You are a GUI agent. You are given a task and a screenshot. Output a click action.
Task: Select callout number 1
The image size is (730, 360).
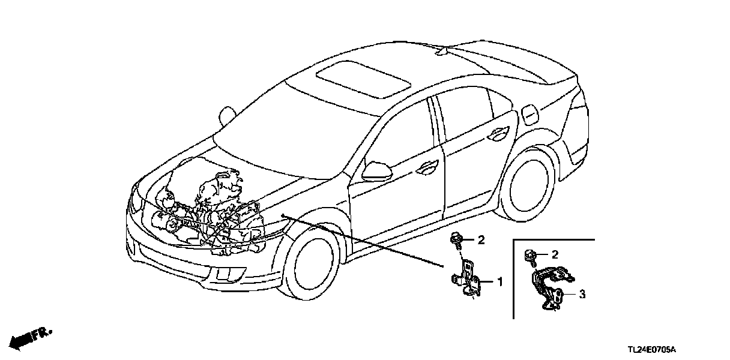498,281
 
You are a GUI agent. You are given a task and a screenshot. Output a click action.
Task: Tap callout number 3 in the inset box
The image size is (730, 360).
581,295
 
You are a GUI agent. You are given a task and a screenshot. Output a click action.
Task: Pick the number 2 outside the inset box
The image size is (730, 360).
480,241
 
